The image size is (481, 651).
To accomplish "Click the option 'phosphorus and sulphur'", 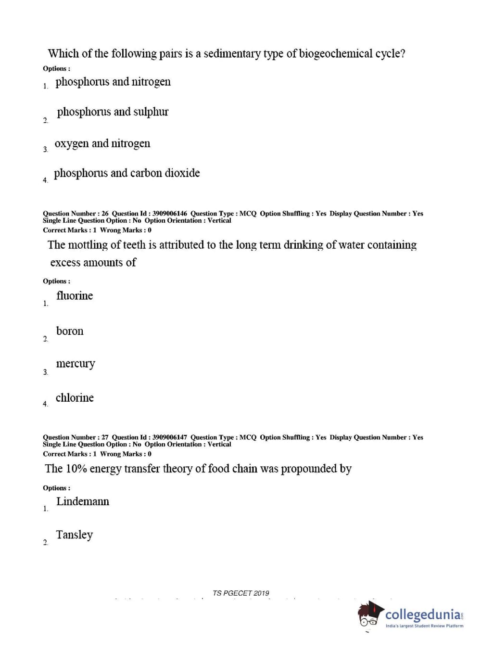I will (x=113, y=112).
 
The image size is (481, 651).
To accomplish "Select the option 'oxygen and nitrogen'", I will (x=102, y=143).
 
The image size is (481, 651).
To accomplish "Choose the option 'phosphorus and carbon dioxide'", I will (x=127, y=173).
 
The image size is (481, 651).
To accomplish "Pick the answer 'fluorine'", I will (x=75, y=296).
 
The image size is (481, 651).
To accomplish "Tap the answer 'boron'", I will (x=70, y=331).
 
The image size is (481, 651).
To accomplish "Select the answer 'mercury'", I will (x=76, y=364).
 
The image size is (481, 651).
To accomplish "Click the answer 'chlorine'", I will (x=75, y=398).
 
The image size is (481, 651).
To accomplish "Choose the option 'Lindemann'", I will (x=83, y=501).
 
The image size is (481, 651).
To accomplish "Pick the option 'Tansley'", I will (x=75, y=535).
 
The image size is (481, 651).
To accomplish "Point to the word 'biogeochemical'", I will (x=336, y=53).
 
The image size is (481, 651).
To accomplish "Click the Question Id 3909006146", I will (x=170, y=214).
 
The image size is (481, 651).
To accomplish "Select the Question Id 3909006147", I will (x=170, y=437).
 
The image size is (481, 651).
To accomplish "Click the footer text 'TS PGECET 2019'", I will (x=241, y=593).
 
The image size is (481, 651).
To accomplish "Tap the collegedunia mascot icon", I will (x=370, y=614).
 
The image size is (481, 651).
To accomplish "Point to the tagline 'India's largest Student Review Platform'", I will (x=424, y=626).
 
